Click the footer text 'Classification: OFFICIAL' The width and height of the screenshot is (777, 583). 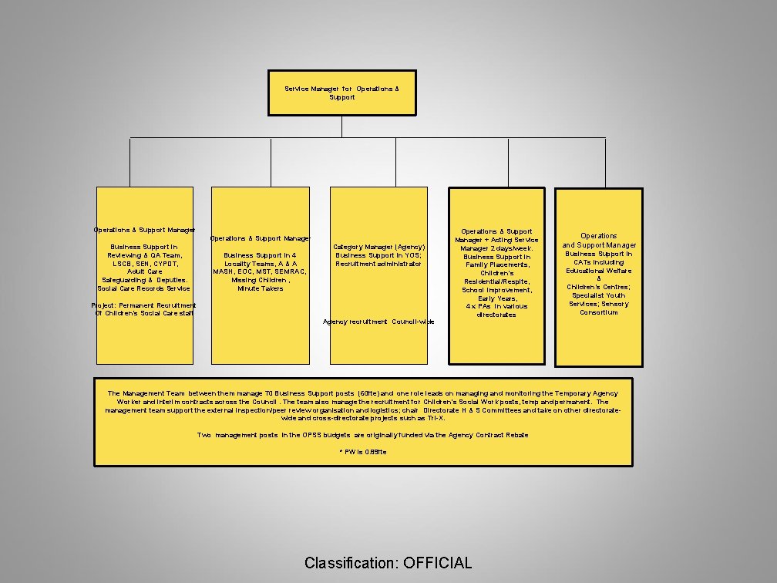pos(388,563)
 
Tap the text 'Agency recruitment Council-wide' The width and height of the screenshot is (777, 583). pos(378,322)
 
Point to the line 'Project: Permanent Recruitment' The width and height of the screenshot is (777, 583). pos(145,305)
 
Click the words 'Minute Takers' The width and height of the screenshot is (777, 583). pos(261,288)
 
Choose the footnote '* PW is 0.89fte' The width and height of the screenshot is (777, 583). pos(363,451)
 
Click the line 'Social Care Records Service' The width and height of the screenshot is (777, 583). pos(144,288)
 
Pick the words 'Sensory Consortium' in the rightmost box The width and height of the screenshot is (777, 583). pos(599,308)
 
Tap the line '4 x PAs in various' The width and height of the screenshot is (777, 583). pos(496,306)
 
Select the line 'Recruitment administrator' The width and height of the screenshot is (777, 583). pos(378,264)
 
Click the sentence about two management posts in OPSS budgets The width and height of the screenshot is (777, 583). pos(363,435)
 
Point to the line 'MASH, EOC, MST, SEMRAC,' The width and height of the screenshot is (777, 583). pos(261,271)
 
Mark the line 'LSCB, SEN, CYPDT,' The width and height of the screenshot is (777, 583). pos(144,264)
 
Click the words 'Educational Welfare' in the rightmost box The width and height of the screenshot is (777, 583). pos(599,271)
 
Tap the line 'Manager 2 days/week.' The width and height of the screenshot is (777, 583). pos(496,248)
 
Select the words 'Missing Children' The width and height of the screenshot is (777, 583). pos(257,280)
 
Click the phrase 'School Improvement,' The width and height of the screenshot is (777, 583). pos(496,290)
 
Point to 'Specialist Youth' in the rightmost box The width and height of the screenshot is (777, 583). pos(599,295)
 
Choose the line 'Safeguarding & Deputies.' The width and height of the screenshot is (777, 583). pos(144,280)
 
